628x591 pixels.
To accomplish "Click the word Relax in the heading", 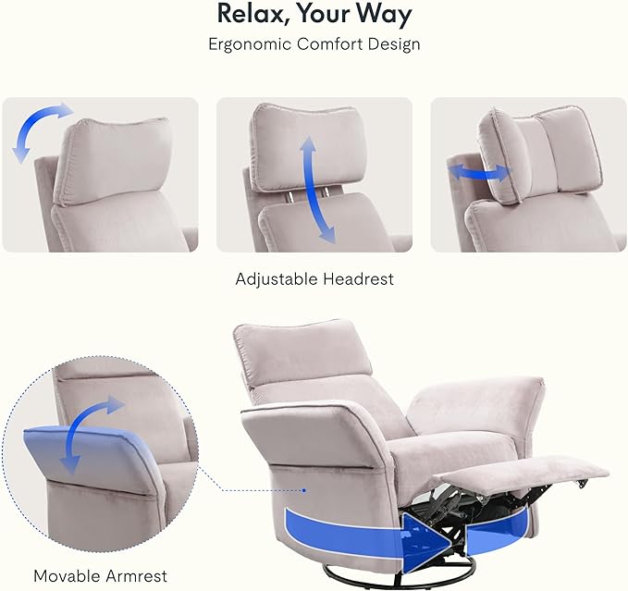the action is click(249, 14).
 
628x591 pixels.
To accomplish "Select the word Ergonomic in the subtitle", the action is click(250, 44).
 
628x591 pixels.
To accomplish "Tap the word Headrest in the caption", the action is click(359, 278).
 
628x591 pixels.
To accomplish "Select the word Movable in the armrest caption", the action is click(64, 576).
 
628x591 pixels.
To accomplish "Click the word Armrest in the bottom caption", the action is click(133, 576).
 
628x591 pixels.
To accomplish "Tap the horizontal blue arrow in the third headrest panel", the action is click(479, 173).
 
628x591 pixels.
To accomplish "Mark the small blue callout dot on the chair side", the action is click(304, 490).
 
